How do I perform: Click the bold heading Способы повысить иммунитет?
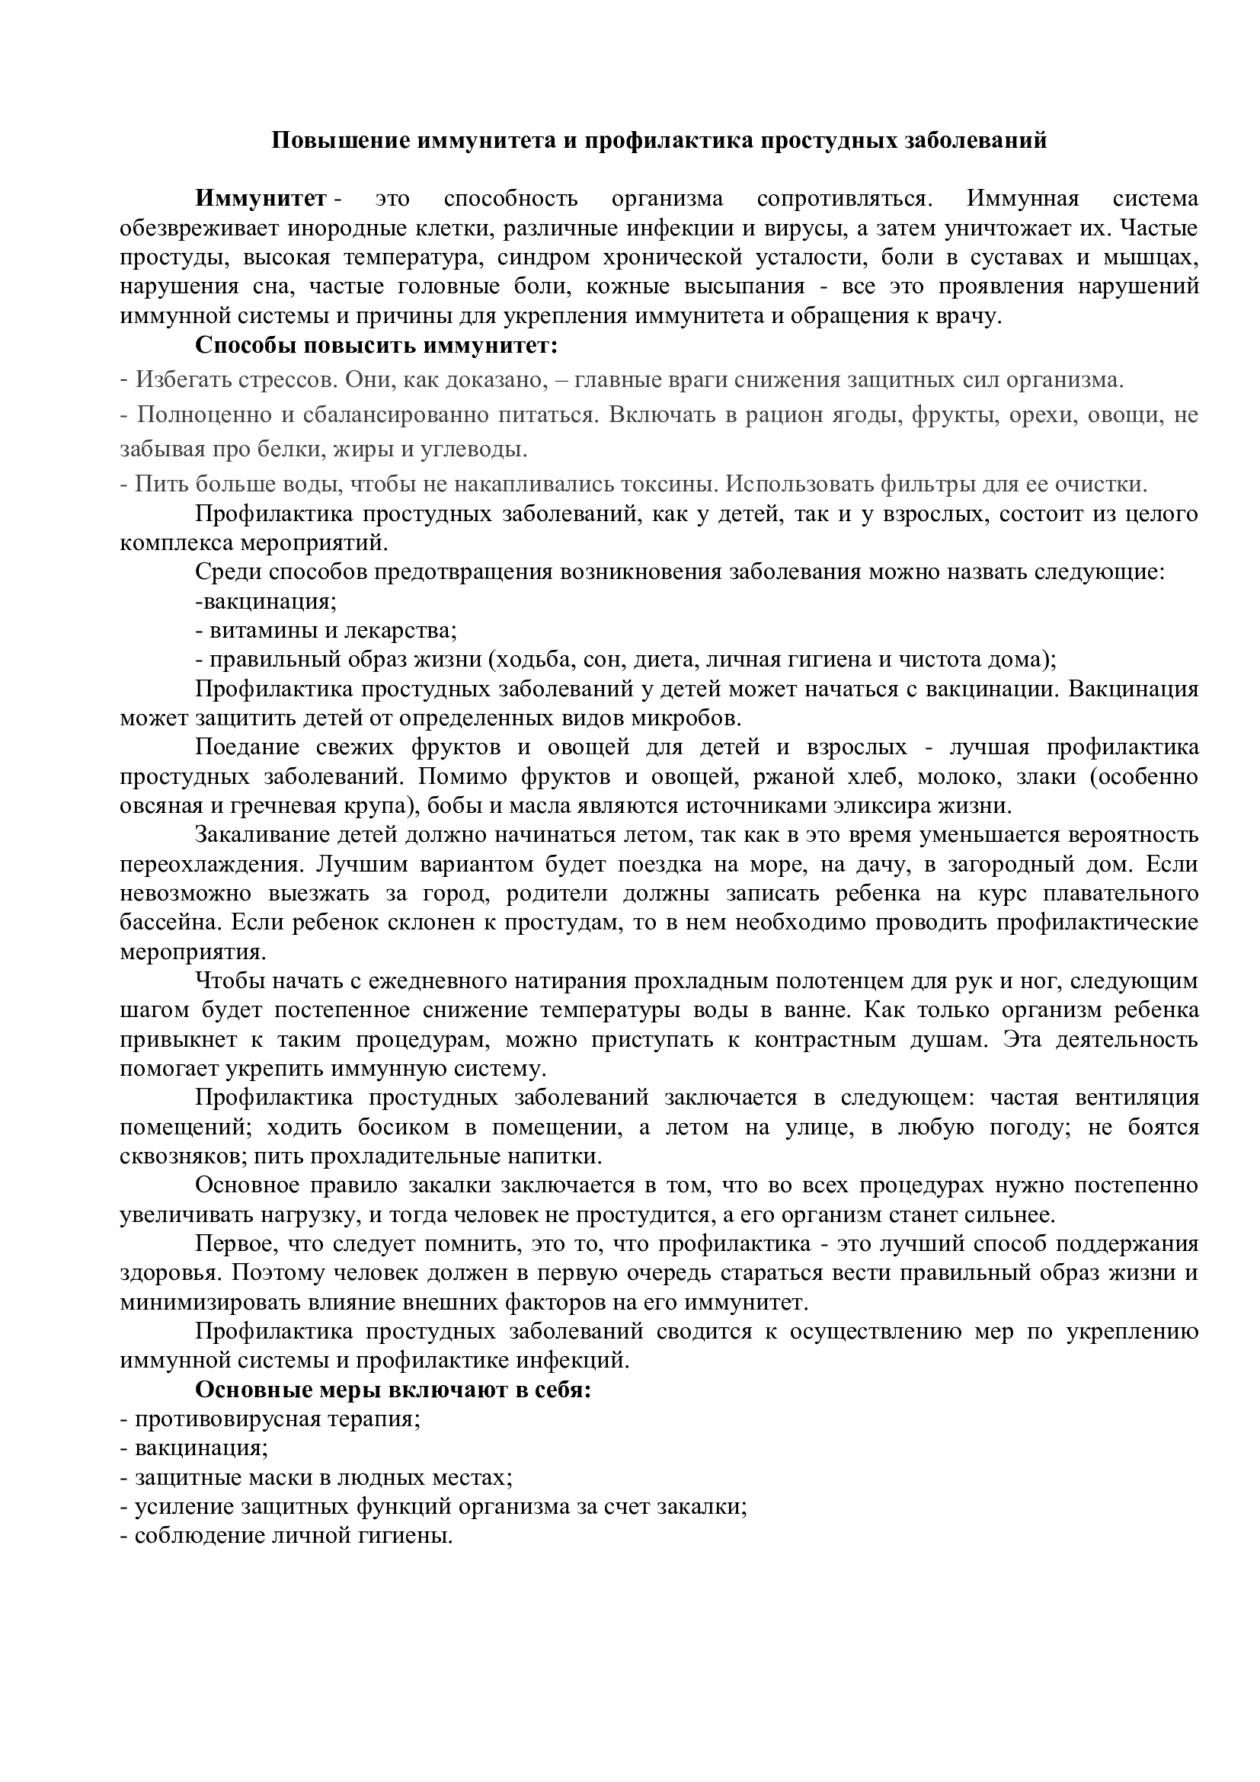tap(376, 344)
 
